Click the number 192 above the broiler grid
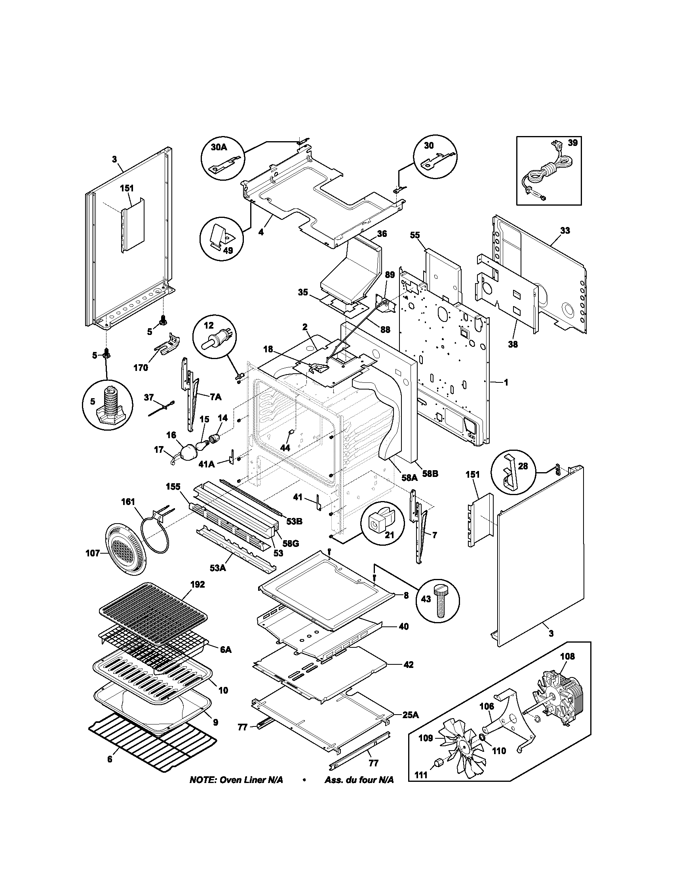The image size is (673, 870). click(198, 585)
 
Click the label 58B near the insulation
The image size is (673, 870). click(430, 475)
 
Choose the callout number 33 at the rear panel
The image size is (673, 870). click(565, 230)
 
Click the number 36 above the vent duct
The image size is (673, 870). click(382, 234)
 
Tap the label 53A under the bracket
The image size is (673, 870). click(217, 567)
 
